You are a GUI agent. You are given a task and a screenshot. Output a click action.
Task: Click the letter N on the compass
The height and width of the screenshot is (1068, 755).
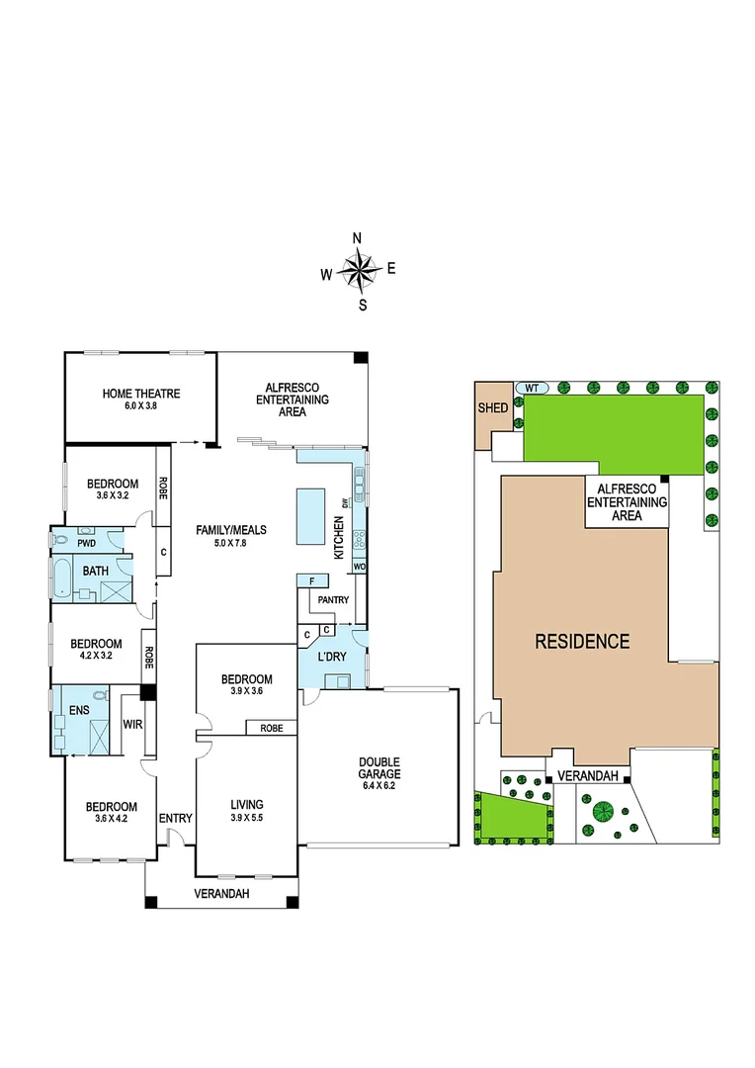click(358, 237)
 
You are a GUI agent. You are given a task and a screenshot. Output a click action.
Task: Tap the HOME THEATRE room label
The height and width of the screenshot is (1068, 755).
click(141, 394)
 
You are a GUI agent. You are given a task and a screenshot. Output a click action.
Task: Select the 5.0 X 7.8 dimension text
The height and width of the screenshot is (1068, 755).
click(230, 543)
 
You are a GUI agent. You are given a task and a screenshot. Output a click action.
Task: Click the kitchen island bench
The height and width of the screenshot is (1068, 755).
click(309, 514)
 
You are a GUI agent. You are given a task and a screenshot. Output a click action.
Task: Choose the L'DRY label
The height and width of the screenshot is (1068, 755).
click(331, 657)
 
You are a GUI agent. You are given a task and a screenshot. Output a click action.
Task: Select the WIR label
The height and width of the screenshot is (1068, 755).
click(132, 725)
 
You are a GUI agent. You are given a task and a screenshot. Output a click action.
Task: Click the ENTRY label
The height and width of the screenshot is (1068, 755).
click(175, 818)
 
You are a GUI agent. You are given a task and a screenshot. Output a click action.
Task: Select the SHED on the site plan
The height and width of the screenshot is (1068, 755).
click(492, 408)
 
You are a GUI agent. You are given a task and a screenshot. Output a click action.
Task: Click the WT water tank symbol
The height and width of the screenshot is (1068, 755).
click(531, 387)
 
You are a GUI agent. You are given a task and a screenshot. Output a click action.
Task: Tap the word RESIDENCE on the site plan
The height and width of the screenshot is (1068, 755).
click(582, 641)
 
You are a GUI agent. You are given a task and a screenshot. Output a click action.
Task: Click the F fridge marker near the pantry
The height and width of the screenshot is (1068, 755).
click(311, 580)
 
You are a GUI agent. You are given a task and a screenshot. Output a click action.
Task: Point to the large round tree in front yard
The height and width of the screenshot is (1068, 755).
click(600, 814)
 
